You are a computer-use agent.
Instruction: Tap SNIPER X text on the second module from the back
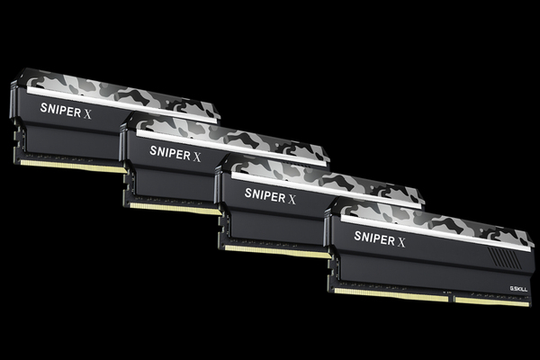[175, 152]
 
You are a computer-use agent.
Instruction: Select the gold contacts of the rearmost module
[72, 166]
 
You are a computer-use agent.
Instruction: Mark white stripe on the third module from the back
[324, 190]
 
